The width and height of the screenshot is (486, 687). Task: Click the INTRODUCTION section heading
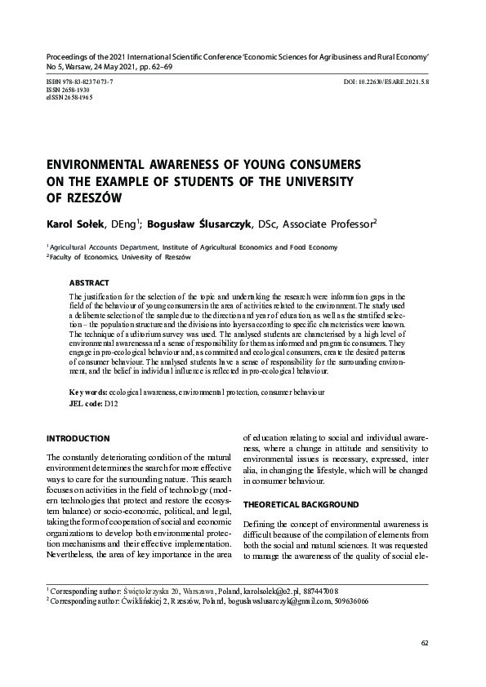coord(78,439)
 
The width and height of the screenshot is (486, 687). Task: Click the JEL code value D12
coord(112,404)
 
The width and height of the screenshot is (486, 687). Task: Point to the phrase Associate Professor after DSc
coord(329,223)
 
